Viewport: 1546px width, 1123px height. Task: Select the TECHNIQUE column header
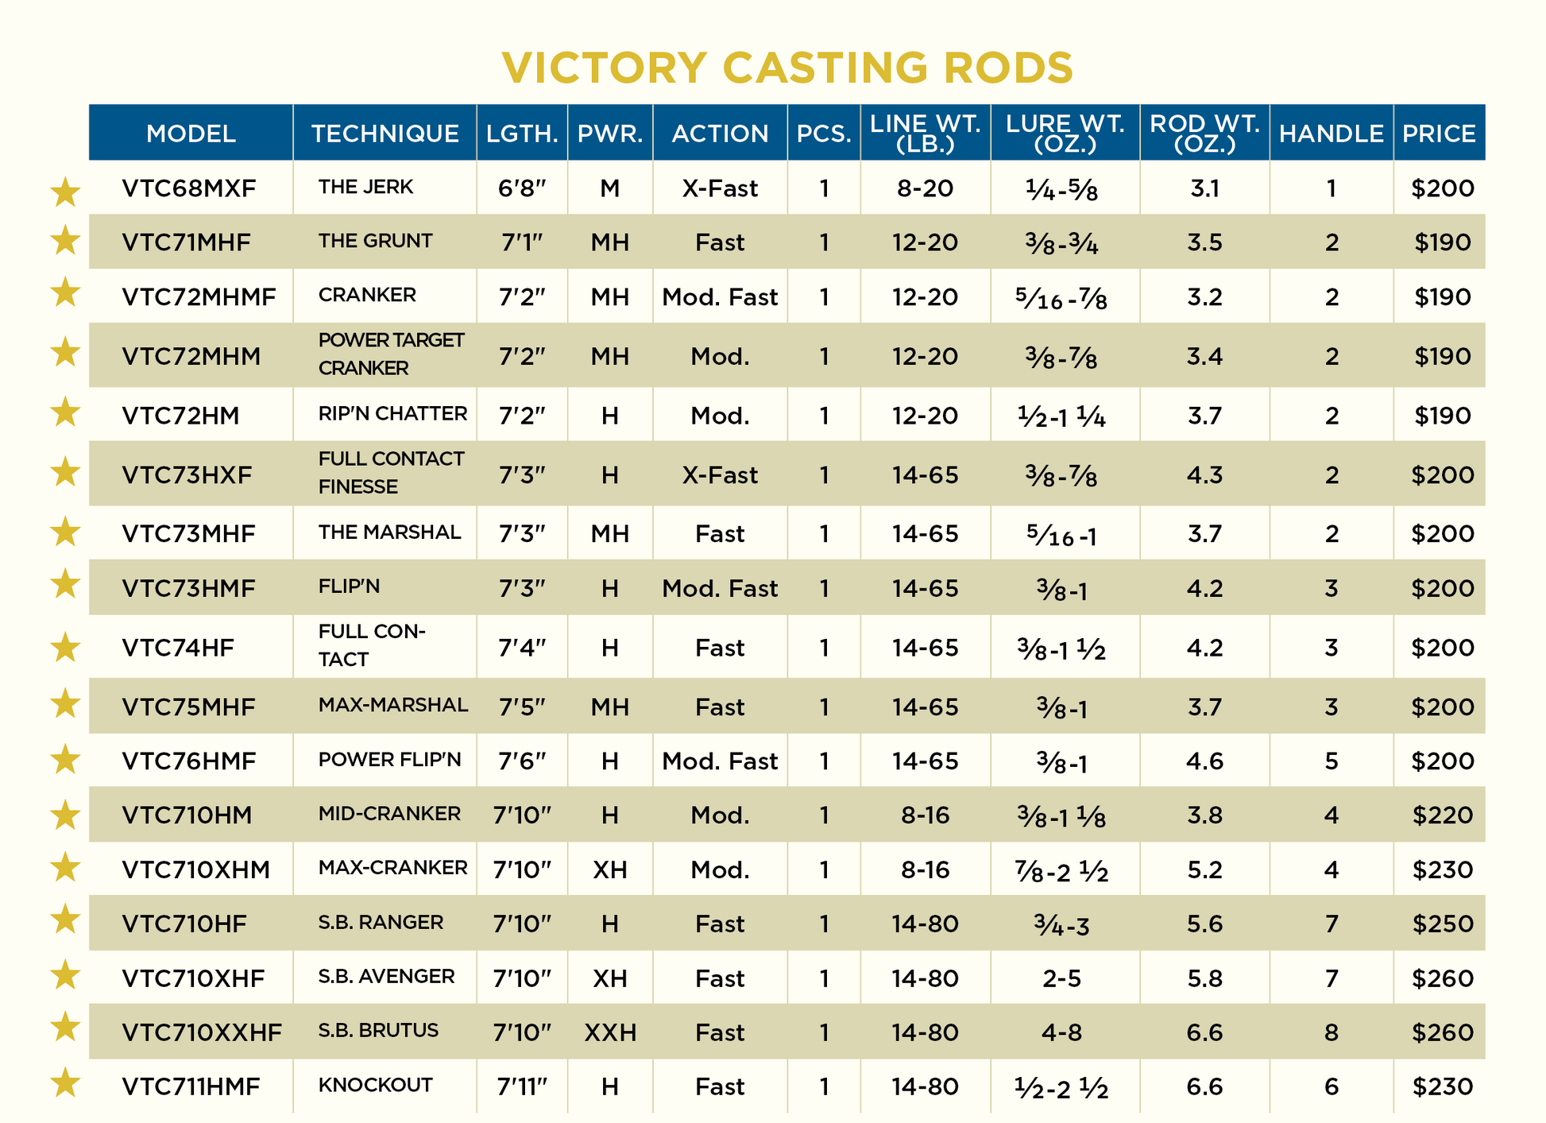coord(385,134)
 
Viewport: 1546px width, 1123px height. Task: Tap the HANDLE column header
coord(1331,134)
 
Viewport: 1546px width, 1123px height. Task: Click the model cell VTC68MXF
coord(189,188)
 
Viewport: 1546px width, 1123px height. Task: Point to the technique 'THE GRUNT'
coord(375,241)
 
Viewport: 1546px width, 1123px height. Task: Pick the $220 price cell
coord(1442,815)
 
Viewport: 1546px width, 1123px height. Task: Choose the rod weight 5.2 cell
coord(1204,869)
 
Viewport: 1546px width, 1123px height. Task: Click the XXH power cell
coord(610,1032)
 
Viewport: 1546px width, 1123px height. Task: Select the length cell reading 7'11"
coord(522,1086)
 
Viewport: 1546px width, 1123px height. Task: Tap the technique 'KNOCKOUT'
coord(375,1085)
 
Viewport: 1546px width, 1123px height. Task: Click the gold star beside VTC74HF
coord(65,648)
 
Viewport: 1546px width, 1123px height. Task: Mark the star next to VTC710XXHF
coord(65,1028)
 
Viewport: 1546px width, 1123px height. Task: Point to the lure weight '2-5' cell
coord(1062,978)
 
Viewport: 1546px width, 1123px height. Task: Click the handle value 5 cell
coord(1331,761)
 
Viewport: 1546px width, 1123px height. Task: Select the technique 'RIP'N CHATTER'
coord(392,413)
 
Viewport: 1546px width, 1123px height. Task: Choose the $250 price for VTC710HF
coord(1442,924)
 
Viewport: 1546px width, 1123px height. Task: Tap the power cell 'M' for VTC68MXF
coord(609,188)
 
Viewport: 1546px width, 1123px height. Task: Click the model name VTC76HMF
coord(189,761)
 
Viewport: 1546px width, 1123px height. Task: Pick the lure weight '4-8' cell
coord(1062,1032)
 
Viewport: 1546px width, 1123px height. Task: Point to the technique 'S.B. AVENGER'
coord(386,976)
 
